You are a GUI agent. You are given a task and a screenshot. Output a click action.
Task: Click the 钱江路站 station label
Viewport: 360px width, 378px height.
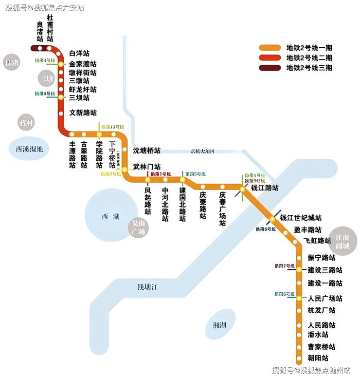point(265,188)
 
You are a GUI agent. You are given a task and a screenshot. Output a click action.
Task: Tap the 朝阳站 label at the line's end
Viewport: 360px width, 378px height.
point(318,358)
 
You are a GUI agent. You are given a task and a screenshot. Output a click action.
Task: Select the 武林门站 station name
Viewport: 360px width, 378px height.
point(146,167)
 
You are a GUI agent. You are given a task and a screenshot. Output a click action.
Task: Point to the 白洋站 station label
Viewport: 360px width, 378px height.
point(79,53)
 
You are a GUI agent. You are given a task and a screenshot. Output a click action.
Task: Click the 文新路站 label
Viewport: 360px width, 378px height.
point(83,113)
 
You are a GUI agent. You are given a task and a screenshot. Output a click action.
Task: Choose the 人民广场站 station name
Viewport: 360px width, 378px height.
point(325,298)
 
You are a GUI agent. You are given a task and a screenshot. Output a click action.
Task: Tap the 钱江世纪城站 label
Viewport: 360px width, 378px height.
point(301,218)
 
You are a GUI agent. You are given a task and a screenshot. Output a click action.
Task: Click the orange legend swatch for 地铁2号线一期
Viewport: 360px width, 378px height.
point(270,48)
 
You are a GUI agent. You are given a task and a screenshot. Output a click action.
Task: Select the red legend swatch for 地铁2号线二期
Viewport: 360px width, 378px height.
point(270,57)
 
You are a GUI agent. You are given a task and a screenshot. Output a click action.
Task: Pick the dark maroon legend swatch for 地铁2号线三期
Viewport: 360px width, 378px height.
point(270,68)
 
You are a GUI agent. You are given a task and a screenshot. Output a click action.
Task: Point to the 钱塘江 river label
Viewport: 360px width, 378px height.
point(147,287)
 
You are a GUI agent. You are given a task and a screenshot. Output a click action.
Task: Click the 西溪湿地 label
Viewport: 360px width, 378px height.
point(29,150)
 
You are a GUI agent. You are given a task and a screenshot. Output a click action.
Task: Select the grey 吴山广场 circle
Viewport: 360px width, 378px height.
point(139,227)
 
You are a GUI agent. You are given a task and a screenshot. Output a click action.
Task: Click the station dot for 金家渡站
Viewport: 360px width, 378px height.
point(61,64)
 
